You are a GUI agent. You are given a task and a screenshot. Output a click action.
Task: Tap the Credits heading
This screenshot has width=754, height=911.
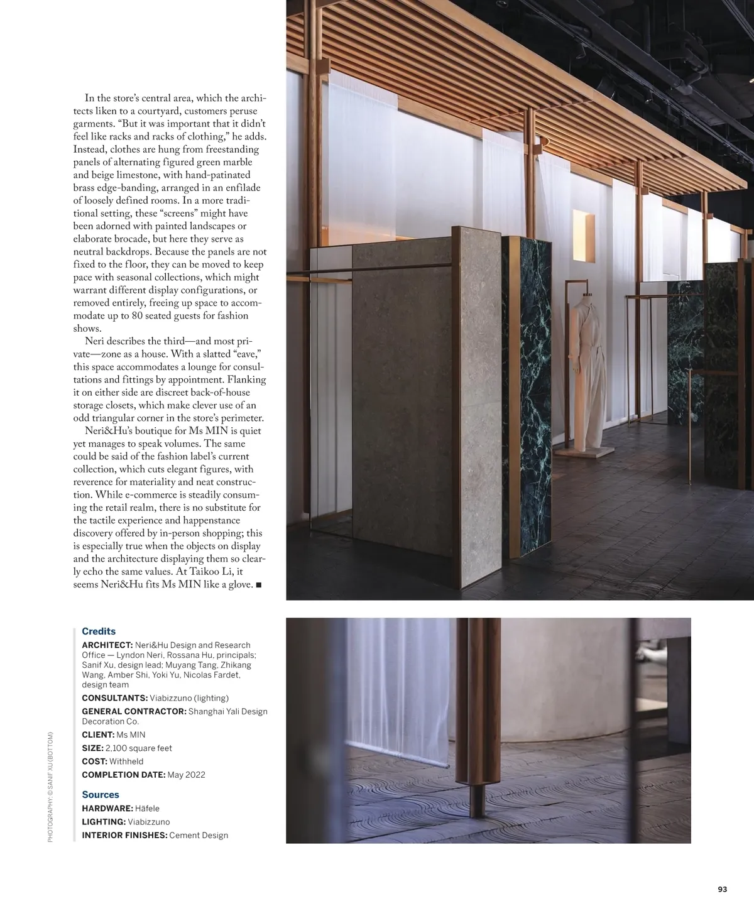[99, 631]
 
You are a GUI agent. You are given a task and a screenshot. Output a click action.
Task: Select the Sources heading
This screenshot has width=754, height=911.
[101, 795]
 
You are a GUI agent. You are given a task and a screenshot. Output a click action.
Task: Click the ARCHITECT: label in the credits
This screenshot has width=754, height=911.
[107, 645]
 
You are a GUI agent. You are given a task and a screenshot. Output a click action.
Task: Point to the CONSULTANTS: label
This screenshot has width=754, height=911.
[115, 698]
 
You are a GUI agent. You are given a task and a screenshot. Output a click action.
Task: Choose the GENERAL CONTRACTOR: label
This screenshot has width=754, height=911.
[134, 711]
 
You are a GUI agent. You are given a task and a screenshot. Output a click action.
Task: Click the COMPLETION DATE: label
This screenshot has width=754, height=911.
[123, 775]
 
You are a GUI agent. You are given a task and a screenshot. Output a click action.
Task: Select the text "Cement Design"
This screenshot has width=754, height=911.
[199, 835]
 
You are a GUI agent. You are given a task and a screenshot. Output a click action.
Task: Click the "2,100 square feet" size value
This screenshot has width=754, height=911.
[138, 748]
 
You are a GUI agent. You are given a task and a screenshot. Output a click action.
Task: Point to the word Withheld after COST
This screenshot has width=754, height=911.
[126, 761]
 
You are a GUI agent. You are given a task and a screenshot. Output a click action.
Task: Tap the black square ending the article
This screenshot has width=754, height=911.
[259, 585]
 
